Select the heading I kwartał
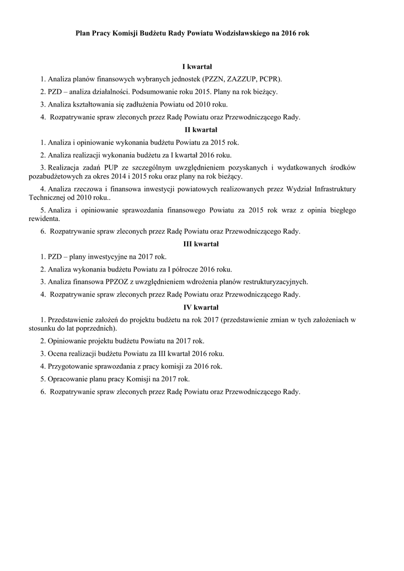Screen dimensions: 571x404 click(x=201, y=66)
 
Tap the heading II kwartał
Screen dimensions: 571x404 click(x=201, y=130)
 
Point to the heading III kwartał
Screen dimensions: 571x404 click(x=201, y=244)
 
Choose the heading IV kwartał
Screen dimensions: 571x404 click(x=201, y=307)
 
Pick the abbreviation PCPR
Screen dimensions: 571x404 click(x=270, y=79)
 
